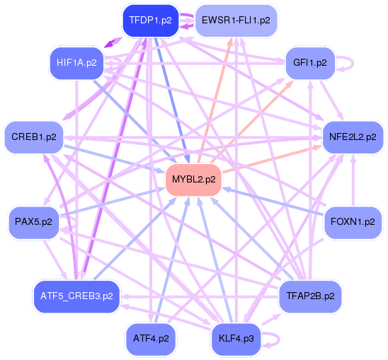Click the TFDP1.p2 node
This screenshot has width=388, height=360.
pos(147,21)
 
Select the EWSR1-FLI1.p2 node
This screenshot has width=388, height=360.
pos(235,21)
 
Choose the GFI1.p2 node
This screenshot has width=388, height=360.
pos(309,63)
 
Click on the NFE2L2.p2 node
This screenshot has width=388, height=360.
pos(352,137)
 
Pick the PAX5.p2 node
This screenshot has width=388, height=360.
pos(33,221)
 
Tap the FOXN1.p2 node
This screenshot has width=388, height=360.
pos(352,221)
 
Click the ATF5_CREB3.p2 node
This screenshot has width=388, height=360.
pos(76,295)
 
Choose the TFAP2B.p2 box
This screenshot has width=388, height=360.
pos(309,295)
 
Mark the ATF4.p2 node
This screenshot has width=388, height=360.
pos(150,338)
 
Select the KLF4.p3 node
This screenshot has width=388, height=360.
pos(235,338)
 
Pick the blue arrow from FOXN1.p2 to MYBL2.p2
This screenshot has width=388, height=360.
pos(276,201)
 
